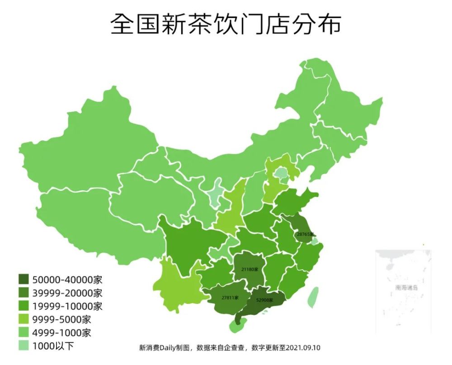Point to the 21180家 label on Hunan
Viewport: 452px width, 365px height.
click(250, 269)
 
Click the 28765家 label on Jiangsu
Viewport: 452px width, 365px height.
click(305, 234)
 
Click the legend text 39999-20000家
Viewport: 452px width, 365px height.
click(67, 293)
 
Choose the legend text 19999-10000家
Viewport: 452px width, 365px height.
click(67, 306)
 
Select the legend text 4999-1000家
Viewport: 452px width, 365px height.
click(62, 333)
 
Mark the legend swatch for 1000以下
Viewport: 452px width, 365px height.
click(24, 346)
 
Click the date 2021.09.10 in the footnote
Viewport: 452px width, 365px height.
click(302, 348)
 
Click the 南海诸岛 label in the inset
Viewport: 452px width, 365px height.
click(406, 287)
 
